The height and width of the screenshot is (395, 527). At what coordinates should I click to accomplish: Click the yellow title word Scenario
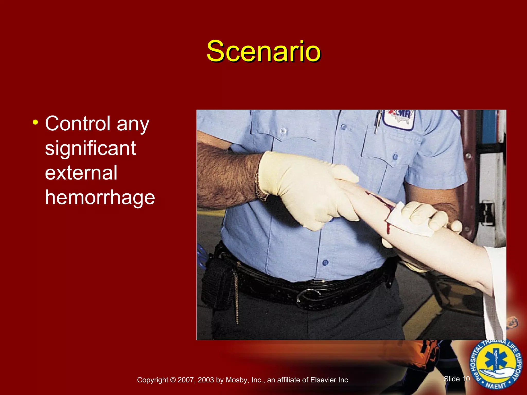[x=263, y=51]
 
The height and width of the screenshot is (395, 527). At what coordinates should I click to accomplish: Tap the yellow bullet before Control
[x=36, y=122]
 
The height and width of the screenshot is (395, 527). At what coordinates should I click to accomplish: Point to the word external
[x=81, y=173]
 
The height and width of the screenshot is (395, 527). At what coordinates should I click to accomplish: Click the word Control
[x=77, y=123]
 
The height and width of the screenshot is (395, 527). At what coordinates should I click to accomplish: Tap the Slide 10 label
[x=457, y=379]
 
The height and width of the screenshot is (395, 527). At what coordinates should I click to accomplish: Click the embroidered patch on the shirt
[x=399, y=119]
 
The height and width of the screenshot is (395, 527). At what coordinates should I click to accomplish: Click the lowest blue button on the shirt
[x=325, y=263]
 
